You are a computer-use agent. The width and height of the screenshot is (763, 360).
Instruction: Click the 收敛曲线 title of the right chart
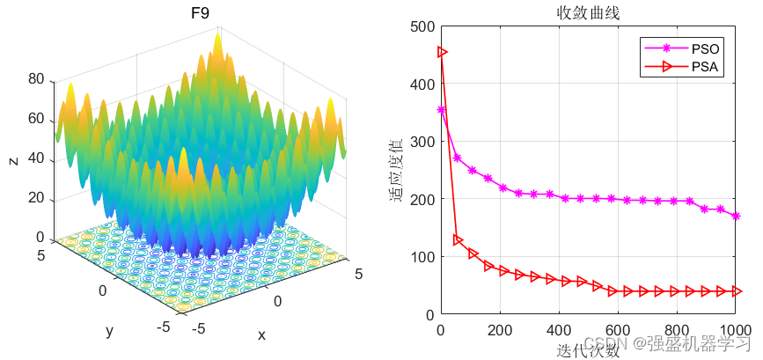point(587,12)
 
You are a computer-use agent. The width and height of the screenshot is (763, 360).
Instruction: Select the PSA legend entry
point(705,66)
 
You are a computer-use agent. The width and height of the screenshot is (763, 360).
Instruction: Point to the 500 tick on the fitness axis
point(422,26)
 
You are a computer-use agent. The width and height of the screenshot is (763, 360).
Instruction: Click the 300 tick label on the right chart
point(422,142)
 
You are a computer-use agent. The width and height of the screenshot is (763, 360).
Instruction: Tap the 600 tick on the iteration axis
point(558,330)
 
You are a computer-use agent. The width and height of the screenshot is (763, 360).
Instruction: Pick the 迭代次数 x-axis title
point(587,350)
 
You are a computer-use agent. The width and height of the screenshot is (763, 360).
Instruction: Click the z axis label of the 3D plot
point(12,160)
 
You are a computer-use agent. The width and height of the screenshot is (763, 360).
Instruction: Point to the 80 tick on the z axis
point(36,78)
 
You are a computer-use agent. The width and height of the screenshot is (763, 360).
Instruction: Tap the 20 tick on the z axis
point(36,197)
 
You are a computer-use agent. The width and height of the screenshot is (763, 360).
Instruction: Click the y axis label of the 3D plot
point(110,330)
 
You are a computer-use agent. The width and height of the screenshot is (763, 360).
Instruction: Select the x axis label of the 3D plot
point(261,335)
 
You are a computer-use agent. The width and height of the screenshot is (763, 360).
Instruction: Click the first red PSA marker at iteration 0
point(442,52)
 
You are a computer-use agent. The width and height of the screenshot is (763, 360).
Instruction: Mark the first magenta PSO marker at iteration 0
point(442,110)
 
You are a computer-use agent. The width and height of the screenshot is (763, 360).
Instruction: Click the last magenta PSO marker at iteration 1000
point(736,216)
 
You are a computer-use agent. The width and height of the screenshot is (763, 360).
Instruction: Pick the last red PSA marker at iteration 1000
point(737,290)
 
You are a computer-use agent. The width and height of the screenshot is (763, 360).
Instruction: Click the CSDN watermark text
point(604,341)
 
